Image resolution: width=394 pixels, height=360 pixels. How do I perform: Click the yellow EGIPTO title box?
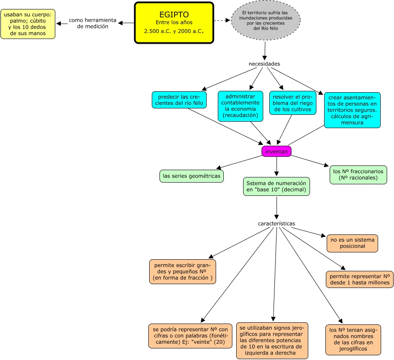174,23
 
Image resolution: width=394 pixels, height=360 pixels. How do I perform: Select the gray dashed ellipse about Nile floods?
266,20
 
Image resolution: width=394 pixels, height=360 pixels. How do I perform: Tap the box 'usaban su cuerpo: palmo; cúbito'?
28,24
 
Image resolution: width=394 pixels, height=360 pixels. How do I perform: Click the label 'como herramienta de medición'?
93,23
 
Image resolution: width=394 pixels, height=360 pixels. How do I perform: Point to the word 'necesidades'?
265,64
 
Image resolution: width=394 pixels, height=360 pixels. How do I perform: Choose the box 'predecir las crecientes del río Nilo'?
179,100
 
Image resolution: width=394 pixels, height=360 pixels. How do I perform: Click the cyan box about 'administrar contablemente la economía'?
241,106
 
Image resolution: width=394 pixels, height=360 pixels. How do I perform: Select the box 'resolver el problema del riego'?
293,103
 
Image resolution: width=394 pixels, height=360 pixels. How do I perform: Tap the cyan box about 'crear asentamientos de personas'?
352,110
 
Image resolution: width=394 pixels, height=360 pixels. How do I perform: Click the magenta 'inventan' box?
277,151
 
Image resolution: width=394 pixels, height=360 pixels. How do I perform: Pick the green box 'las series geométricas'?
192,176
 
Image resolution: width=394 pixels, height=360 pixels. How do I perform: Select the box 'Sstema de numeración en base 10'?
277,186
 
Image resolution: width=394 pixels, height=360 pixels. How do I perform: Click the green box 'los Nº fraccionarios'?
358,174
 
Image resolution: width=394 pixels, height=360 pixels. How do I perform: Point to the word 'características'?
277,224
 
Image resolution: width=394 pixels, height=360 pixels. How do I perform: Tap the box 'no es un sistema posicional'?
352,243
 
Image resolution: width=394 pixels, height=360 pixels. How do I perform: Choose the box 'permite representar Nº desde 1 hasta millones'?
360,279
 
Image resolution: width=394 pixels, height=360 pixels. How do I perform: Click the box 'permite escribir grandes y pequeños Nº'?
183,272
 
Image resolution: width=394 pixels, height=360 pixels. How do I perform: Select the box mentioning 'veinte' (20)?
190,336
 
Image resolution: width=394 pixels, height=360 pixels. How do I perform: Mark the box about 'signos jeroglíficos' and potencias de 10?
272,341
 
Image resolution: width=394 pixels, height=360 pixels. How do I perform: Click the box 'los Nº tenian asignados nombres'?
353,340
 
